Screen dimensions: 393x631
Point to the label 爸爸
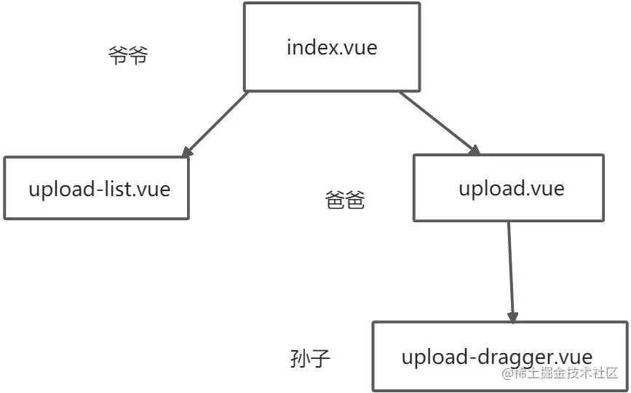pyautogui.click(x=344, y=200)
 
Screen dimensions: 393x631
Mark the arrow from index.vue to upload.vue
pyautogui.click(x=438, y=121)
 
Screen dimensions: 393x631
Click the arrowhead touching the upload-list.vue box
pyautogui.click(x=188, y=150)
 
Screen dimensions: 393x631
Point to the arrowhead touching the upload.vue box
pyautogui.click(x=474, y=149)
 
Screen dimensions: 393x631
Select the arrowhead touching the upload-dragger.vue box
pyautogui.click(x=512, y=317)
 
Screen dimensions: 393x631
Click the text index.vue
pyautogui.click(x=333, y=49)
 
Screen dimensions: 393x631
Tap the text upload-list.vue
pyautogui.click(x=100, y=190)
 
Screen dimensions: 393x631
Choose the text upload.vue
pyautogui.click(x=511, y=188)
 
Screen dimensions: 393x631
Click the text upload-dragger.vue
pyautogui.click(x=496, y=357)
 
